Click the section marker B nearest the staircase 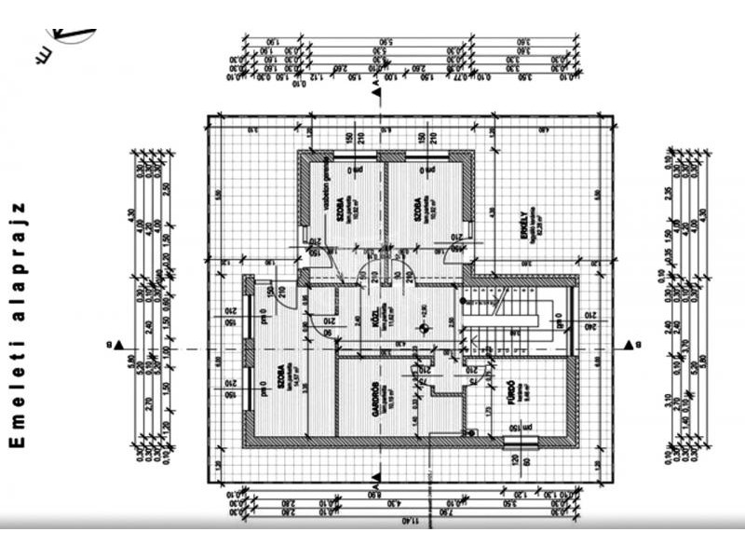[631, 346]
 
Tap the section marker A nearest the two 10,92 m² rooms [375, 86]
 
